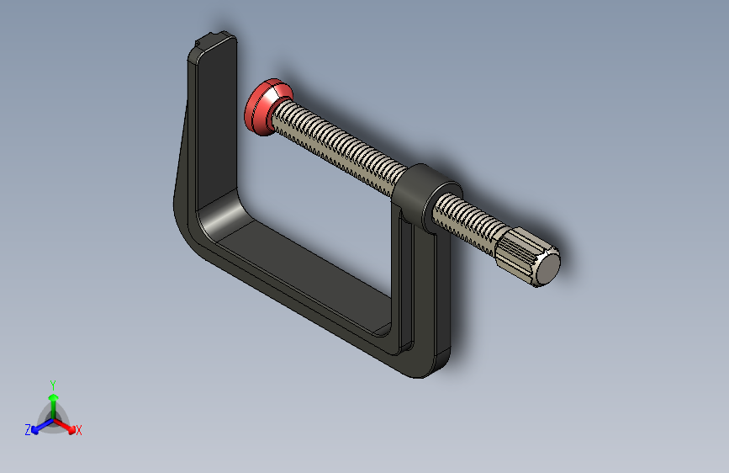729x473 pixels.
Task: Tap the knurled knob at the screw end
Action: pos(527,257)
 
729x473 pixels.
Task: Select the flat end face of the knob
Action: pos(548,268)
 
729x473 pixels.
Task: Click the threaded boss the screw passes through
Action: pos(425,195)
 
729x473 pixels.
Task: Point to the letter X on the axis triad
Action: pos(78,431)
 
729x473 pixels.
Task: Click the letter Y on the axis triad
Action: pos(53,385)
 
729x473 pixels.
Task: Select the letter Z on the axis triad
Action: pos(28,430)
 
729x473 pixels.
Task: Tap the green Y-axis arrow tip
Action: pos(54,397)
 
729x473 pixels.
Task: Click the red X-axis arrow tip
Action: pos(71,430)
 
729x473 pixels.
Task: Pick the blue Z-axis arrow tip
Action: pos(35,431)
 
